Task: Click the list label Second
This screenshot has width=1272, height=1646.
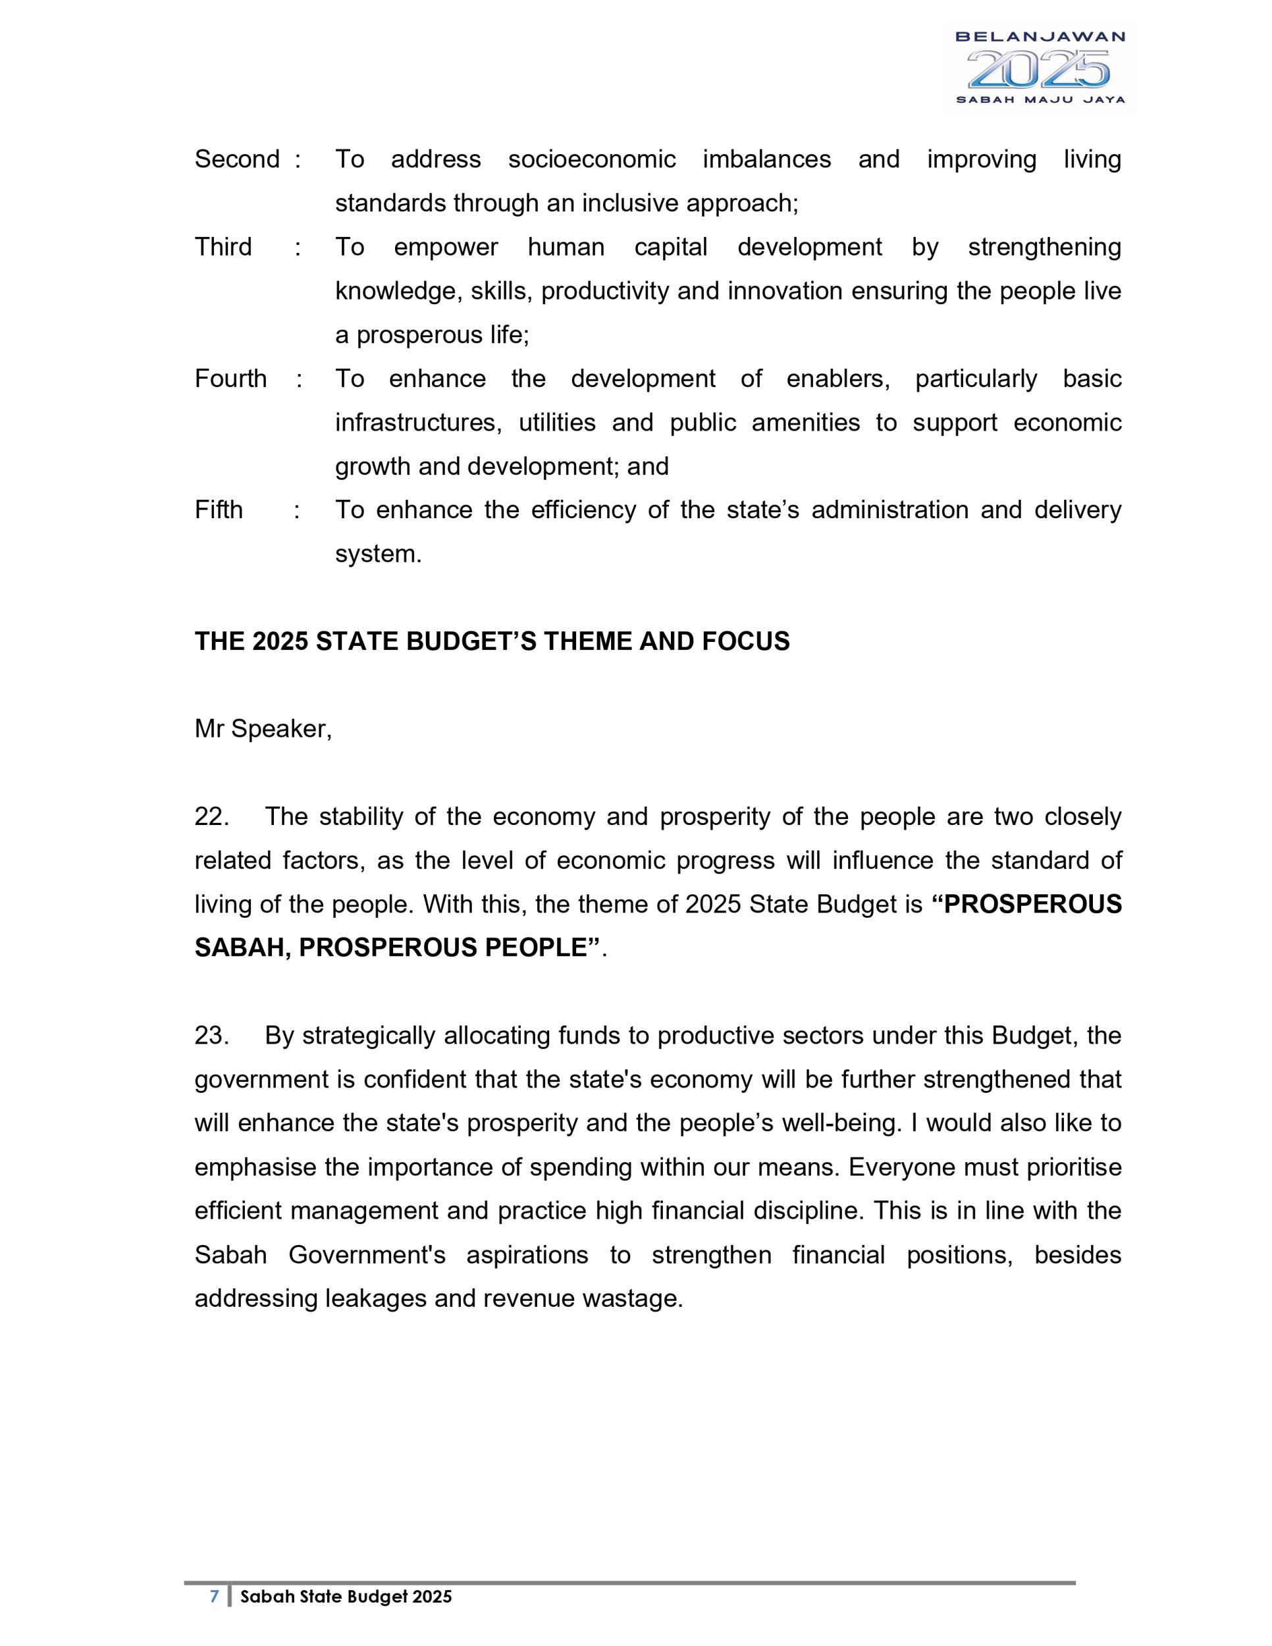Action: coord(236,159)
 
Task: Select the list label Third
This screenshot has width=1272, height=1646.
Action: coord(223,247)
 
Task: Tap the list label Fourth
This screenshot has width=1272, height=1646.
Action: coord(230,379)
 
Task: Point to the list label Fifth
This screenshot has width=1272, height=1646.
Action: coord(219,510)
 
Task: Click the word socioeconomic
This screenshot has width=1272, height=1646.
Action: coord(591,159)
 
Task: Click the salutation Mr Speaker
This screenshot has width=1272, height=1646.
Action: coord(262,729)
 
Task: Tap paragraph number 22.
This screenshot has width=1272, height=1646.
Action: coord(211,817)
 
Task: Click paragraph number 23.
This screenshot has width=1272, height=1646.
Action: coord(211,1036)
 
